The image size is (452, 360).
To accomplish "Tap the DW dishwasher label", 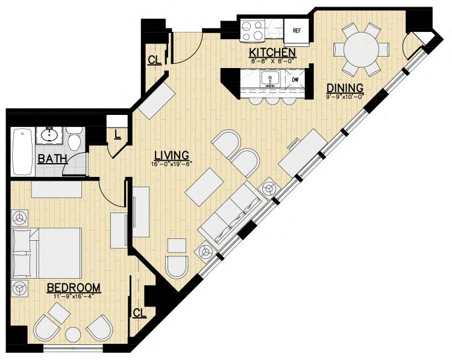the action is (x=295, y=80).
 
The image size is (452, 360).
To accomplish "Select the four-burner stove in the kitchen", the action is (x=253, y=31).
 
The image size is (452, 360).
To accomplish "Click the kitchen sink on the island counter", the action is (x=270, y=79).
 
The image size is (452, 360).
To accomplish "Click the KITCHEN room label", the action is (x=272, y=53).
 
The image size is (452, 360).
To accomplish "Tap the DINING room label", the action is (x=345, y=87).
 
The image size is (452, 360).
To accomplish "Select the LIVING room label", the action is (x=172, y=155).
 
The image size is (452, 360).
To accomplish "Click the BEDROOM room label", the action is (x=74, y=287).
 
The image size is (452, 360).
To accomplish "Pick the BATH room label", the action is (x=53, y=159).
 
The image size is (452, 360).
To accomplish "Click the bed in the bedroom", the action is (x=46, y=253).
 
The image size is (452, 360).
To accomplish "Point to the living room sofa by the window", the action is (x=230, y=216).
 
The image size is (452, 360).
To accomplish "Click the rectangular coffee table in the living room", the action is (x=204, y=187).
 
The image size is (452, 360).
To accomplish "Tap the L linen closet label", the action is (x=117, y=134).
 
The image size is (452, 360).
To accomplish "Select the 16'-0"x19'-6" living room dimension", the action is (x=171, y=164).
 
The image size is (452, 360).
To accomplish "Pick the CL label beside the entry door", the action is (x=154, y=60).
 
